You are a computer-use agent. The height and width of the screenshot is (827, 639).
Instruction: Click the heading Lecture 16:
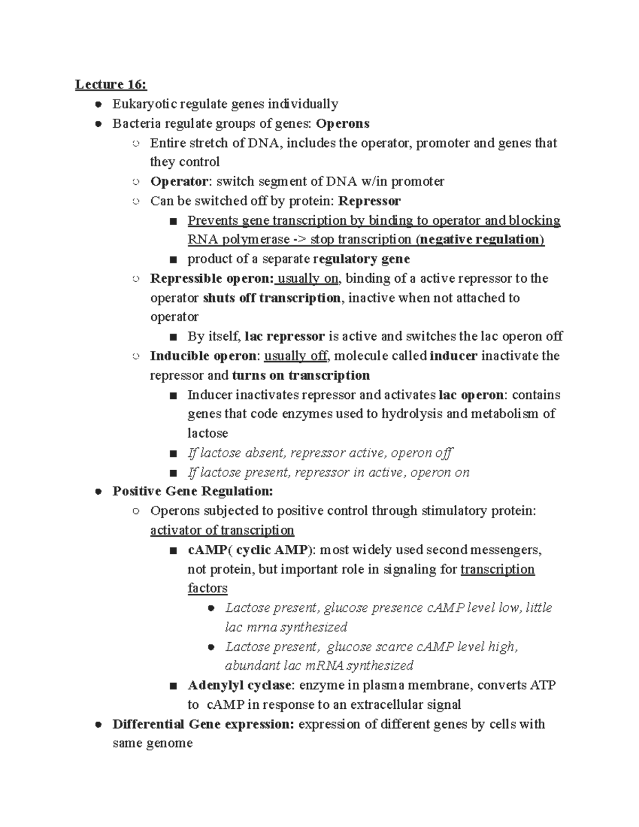[111, 84]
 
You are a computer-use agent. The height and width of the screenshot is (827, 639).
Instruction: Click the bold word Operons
[342, 124]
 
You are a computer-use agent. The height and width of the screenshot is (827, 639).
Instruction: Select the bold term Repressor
[370, 201]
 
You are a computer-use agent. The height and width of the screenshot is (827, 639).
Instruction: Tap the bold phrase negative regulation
[479, 240]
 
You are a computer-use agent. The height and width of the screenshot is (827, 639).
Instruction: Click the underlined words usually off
[296, 356]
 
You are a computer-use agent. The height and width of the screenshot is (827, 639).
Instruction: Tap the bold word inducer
[453, 356]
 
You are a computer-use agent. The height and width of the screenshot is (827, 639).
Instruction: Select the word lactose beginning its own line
[208, 433]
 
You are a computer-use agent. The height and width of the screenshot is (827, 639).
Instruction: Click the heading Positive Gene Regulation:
[193, 491]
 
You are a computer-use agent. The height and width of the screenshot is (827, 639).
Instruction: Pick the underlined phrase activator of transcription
[222, 530]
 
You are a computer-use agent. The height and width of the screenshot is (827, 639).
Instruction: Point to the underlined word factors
[208, 588]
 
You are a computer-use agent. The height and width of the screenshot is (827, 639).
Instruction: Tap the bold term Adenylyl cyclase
[240, 685]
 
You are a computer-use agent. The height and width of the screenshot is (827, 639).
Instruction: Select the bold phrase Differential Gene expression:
[203, 724]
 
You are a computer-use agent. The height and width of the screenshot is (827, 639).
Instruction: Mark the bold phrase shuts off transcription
[272, 298]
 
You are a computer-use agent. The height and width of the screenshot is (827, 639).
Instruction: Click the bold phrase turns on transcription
[301, 375]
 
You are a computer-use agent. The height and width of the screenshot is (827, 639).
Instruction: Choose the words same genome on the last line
[152, 743]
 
